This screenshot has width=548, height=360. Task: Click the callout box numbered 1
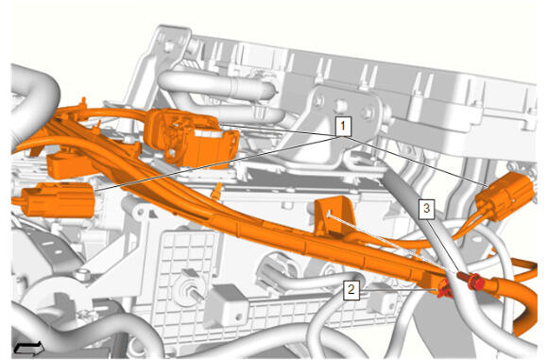[x=343, y=127]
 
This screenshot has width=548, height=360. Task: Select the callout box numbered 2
[x=351, y=290]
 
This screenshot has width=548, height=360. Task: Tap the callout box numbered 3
[x=427, y=209]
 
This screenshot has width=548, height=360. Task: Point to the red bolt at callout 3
[x=471, y=280]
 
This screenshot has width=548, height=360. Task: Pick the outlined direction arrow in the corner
[x=29, y=348]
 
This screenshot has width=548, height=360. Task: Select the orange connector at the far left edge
[x=58, y=199]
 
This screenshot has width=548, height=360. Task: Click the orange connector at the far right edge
[x=505, y=196]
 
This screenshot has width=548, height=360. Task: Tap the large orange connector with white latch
[x=192, y=139]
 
